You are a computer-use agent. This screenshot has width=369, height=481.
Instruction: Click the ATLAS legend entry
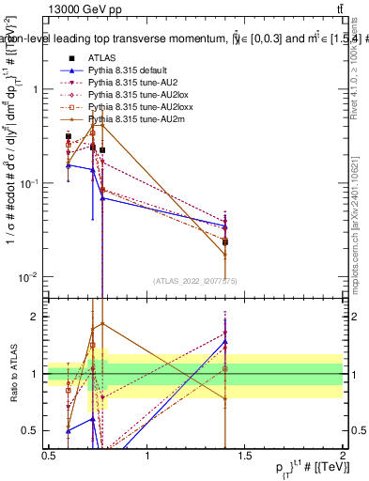click(x=103, y=58)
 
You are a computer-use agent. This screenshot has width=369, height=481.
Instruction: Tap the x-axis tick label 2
click(x=343, y=456)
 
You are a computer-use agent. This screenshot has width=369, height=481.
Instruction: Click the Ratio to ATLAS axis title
click(x=11, y=374)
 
